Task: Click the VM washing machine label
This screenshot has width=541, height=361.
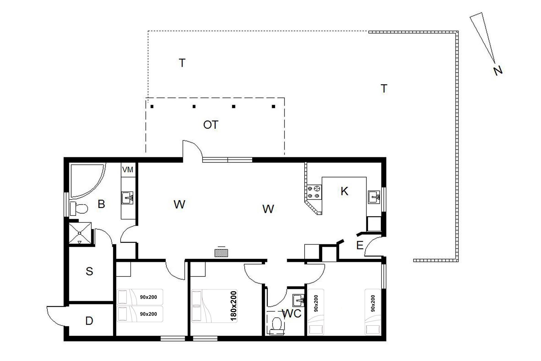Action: pos(128,170)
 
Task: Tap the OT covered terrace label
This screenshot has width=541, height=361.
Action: pos(211,125)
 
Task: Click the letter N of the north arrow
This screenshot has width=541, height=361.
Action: pos(498,71)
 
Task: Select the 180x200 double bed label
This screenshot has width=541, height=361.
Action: pos(234,306)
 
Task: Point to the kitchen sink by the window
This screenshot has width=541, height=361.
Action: pos(374,197)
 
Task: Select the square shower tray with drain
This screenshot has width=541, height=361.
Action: pos(80,233)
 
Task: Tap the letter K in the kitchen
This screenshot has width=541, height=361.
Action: pos(344,191)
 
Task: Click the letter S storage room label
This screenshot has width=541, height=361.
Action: pos(89,271)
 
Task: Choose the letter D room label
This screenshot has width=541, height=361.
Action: pos(89,321)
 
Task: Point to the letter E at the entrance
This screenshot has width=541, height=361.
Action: pos(360,246)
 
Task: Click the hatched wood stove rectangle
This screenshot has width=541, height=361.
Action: pos(221,253)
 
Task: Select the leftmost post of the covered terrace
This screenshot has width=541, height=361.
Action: pos(152,107)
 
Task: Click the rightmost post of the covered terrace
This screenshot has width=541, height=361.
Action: pos(273,106)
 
